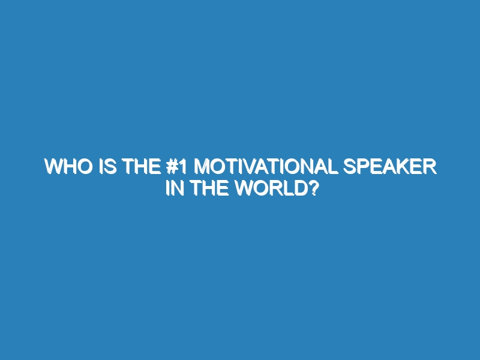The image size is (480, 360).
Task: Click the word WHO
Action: [68, 167]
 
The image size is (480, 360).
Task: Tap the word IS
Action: [108, 167]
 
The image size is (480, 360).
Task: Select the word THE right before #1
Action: [142, 167]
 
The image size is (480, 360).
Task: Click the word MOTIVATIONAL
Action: [266, 167]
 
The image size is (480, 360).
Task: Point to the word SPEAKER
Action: [389, 167]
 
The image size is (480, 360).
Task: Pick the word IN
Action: [175, 188]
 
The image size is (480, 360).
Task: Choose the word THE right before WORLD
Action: [211, 188]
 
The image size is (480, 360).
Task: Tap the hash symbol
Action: [172, 167]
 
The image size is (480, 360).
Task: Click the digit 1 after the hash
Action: [183, 167]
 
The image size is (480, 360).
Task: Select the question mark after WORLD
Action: [313, 188]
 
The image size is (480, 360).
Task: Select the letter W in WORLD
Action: [245, 188]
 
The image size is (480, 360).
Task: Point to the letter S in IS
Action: [110, 167]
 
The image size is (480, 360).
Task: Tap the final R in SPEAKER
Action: [430, 167]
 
